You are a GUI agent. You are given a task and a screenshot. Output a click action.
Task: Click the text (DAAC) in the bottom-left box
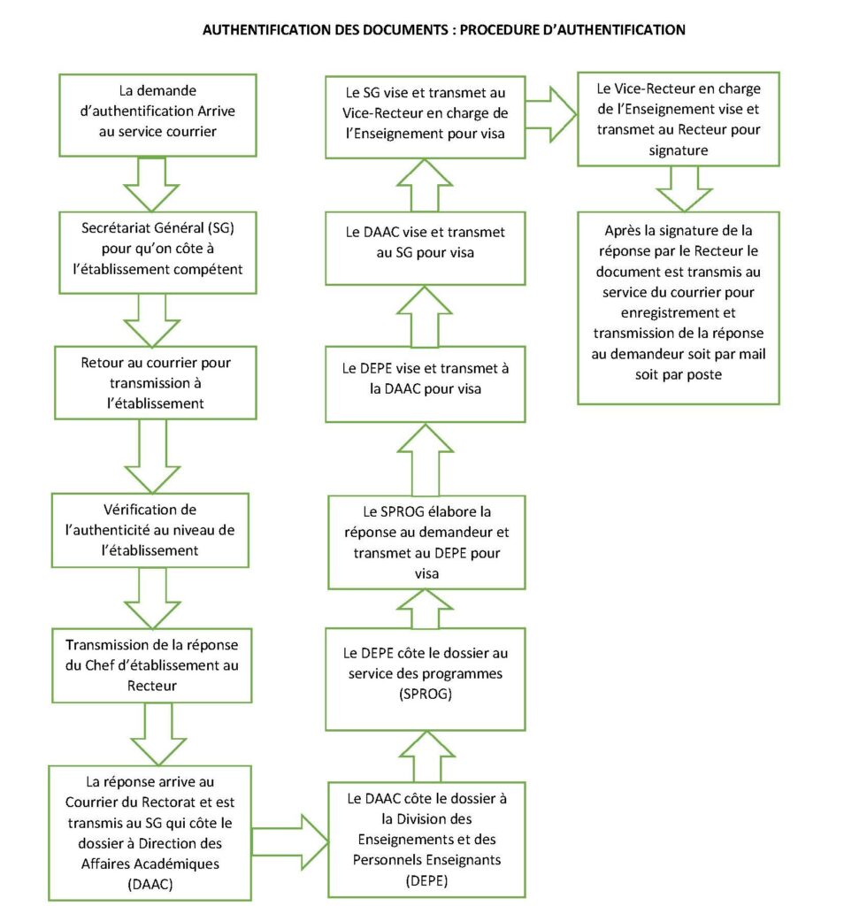tap(150, 884)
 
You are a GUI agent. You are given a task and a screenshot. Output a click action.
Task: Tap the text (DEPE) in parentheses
tap(427, 880)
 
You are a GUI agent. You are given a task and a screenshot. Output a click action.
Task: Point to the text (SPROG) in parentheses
tap(426, 694)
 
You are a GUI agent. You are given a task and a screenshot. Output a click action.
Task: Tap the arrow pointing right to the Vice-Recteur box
tap(551, 114)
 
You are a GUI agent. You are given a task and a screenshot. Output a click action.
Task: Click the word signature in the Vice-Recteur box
tap(679, 150)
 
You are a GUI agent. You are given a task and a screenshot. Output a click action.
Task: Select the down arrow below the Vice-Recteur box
tap(685, 189)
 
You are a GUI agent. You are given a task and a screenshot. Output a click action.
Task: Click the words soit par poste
tap(679, 374)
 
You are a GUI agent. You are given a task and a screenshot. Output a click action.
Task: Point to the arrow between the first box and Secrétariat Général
tap(152, 184)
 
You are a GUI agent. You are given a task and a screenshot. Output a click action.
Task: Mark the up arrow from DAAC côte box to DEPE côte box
tap(427, 757)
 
